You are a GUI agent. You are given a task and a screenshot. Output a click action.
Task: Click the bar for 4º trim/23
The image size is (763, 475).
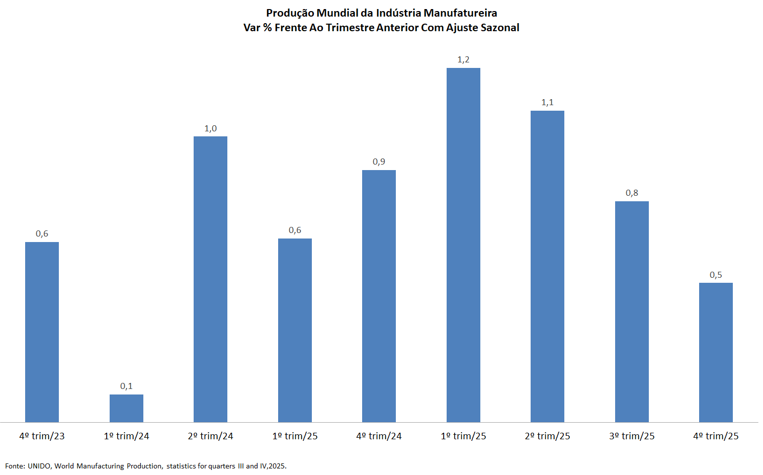click(42, 332)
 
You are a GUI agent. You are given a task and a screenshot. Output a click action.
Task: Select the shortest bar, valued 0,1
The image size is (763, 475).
click(126, 408)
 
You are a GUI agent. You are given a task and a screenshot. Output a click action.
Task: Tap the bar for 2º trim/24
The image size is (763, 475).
click(210, 279)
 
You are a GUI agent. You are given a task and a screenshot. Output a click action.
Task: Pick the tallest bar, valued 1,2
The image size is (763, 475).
click(463, 245)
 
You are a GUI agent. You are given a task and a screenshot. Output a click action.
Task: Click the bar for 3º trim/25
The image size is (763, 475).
click(632, 311)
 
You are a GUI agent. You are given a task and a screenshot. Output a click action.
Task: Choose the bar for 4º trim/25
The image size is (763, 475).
click(716, 352)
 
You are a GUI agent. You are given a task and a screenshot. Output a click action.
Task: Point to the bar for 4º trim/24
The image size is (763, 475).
click(379, 296)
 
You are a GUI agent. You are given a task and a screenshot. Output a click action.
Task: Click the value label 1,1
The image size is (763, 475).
click(547, 103)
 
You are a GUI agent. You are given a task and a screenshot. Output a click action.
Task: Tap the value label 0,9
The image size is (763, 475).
click(379, 162)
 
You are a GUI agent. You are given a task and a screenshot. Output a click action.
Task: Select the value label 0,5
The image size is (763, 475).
click(716, 275)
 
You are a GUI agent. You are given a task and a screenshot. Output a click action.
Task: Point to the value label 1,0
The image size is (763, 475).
click(210, 128)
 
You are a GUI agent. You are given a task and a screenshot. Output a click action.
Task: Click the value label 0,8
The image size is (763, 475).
click(632, 193)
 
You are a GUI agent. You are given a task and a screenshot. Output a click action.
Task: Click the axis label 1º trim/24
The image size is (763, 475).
click(126, 436)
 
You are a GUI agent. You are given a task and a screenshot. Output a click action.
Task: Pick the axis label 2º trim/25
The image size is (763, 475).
click(547, 436)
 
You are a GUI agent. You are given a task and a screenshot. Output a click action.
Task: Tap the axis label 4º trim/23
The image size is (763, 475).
click(42, 436)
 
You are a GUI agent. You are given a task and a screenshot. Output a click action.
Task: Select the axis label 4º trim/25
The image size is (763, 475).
click(716, 436)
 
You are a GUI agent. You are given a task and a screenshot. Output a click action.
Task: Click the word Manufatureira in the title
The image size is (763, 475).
click(460, 13)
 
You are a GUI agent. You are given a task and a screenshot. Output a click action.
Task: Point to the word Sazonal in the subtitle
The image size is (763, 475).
click(500, 28)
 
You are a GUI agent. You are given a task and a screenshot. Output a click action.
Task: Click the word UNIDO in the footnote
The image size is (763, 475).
click(39, 466)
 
